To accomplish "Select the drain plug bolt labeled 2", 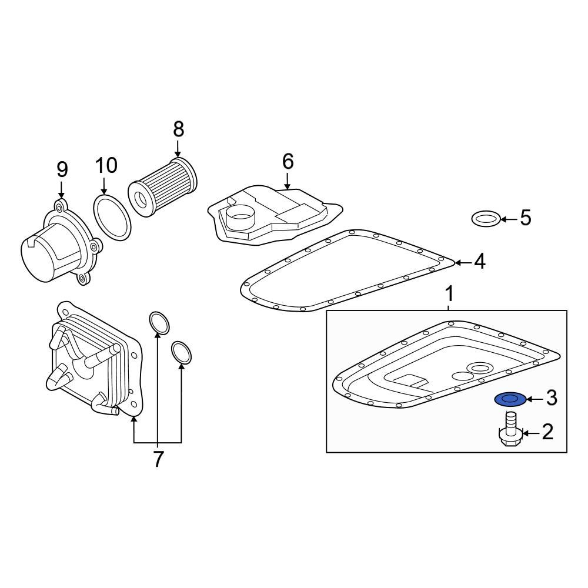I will click(x=510, y=433).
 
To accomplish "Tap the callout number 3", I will click(x=551, y=398).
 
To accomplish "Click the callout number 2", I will click(x=547, y=433).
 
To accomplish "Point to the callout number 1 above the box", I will click(x=449, y=293).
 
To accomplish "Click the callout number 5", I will click(x=525, y=218).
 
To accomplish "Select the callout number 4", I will click(x=480, y=262).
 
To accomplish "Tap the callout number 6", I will click(x=288, y=161).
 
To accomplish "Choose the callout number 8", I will click(x=178, y=129).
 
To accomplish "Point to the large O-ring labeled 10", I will click(x=112, y=218).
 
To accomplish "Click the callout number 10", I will click(x=106, y=166).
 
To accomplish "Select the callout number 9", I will click(x=62, y=170).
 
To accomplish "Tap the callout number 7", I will click(x=158, y=459).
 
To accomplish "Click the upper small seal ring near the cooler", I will click(x=159, y=322).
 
